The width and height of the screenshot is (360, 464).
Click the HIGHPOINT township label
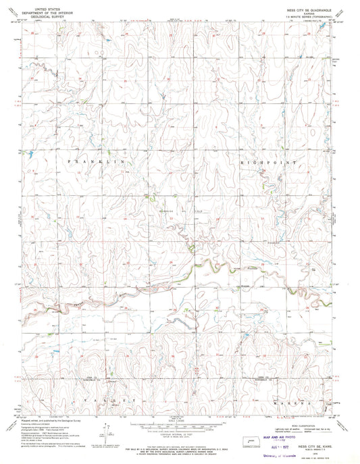click(270, 163)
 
